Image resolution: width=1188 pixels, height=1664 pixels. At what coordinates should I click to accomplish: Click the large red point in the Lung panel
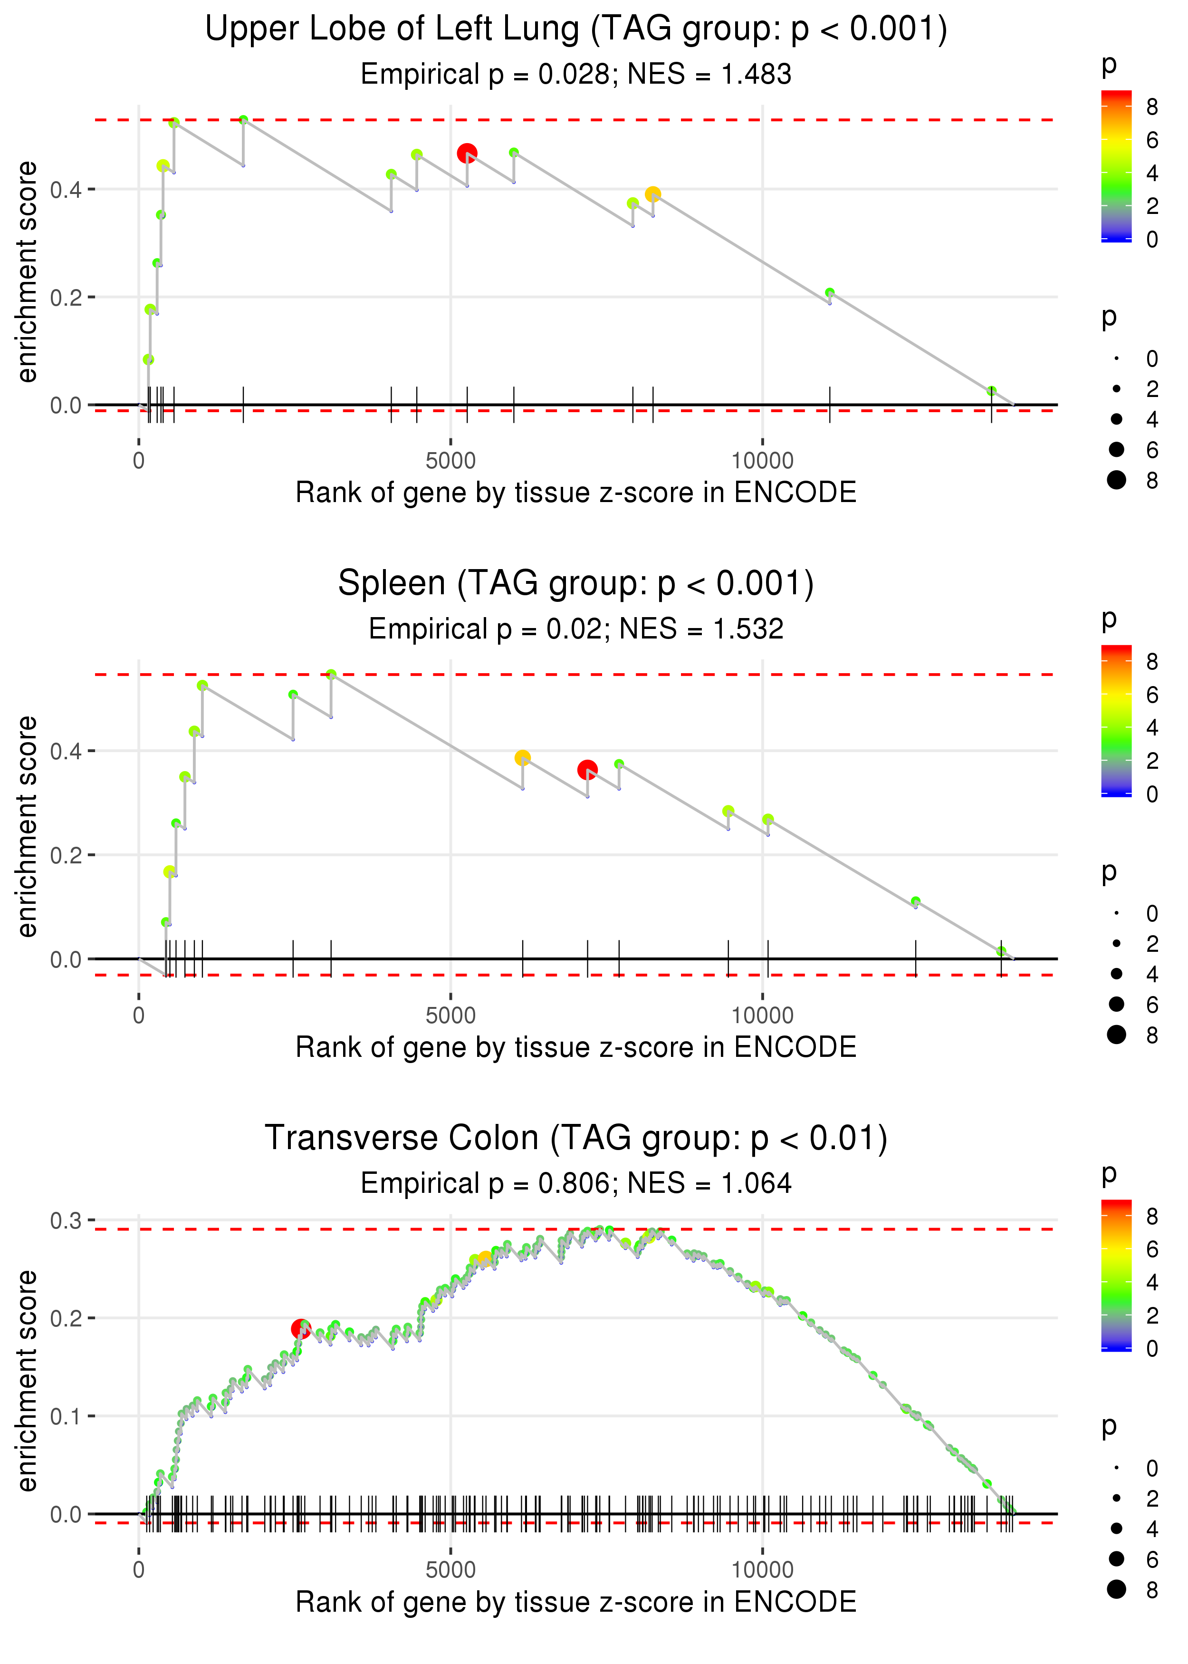467,153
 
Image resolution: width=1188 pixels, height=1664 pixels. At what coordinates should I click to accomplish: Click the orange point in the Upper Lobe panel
652,194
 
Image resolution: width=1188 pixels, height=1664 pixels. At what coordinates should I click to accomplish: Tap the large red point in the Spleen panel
587,769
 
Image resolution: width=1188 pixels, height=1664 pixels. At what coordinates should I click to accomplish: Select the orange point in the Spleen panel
522,757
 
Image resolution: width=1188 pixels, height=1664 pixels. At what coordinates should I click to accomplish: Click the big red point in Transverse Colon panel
300,1328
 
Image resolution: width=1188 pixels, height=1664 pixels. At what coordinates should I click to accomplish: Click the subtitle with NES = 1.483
576,74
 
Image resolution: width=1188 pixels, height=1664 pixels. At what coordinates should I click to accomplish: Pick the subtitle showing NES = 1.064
576,1183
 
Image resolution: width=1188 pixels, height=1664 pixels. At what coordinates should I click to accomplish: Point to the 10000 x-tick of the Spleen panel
762,1015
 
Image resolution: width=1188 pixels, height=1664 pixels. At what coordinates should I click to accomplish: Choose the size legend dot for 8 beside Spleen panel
1116,1035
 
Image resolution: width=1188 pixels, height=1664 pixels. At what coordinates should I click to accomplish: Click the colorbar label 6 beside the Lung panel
1151,140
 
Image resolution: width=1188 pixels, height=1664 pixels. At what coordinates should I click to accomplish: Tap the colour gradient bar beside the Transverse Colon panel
1116,1275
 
